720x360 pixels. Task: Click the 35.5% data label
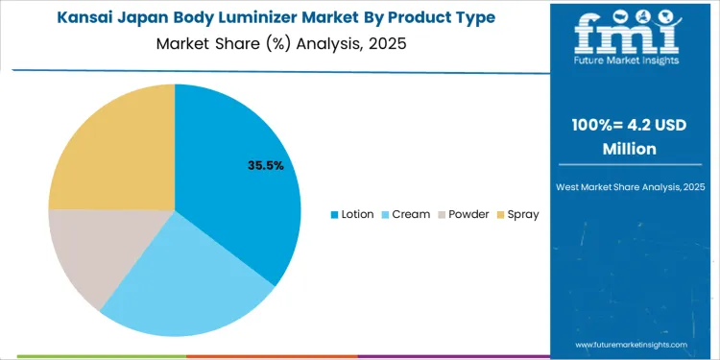pos(265,165)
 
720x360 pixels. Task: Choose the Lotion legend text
pos(357,214)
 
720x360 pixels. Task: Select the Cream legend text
pos(410,214)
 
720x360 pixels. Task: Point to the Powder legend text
pos(468,214)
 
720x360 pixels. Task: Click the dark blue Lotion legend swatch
pos(334,214)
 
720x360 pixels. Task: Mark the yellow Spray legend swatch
pos(499,214)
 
